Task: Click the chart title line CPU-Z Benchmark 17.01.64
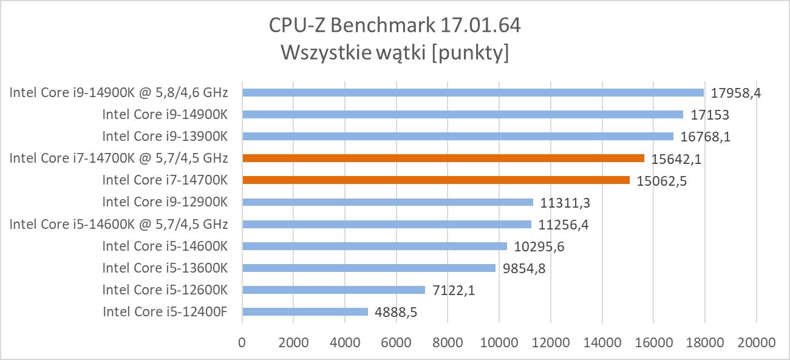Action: pos(395,26)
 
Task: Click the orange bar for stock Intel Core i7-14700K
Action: pos(435,180)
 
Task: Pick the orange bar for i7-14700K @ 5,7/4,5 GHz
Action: pos(443,158)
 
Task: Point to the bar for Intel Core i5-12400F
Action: pos(305,311)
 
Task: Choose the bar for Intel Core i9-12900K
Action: pos(387,202)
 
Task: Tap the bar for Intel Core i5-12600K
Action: pos(333,290)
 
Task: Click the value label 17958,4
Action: pos(735,93)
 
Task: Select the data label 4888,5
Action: pos(395,313)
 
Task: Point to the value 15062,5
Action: pos(661,181)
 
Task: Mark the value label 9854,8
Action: pos(523,268)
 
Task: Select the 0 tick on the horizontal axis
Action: pos(242,342)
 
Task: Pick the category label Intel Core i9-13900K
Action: pos(165,136)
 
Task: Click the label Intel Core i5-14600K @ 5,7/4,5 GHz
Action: pos(118,224)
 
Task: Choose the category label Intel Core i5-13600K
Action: pos(165,268)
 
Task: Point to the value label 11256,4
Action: pos(563,225)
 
